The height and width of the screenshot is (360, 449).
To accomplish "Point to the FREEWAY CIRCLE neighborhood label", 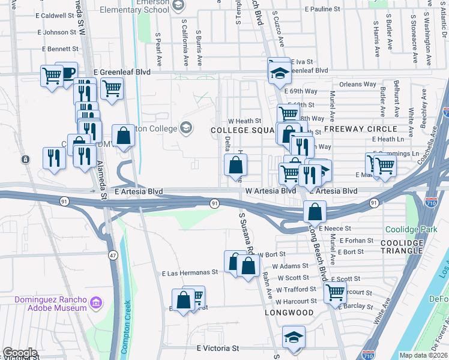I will click(361, 129).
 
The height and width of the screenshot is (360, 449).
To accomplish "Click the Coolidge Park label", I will click(420, 229).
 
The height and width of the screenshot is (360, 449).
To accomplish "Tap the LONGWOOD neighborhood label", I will click(289, 313).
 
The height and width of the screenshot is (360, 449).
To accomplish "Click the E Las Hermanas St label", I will click(190, 272).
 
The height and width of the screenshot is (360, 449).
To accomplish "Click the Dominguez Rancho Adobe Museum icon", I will click(95, 304).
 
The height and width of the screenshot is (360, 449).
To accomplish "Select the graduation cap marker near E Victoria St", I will click(294, 337).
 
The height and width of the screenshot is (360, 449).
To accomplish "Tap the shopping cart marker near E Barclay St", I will click(335, 293).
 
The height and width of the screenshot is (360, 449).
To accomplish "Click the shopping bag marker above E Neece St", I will click(315, 211).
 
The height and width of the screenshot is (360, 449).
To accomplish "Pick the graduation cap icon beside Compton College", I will click(186, 128).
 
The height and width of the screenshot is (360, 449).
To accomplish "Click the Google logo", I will click(19, 353).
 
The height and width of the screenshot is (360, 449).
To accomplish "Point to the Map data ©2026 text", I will click(424, 355).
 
